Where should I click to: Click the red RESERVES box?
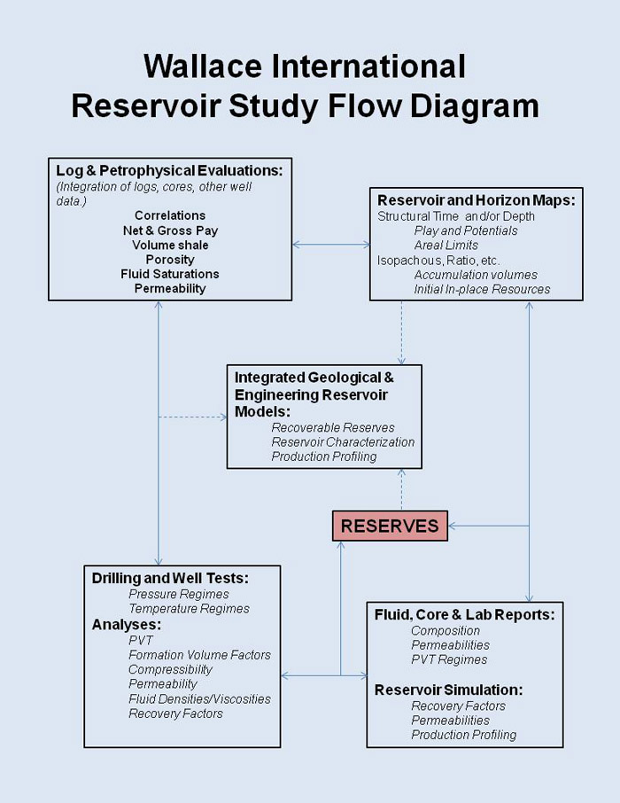390,526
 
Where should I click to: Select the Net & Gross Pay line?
170,230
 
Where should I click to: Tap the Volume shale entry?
170,245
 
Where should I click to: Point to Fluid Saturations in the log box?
170,274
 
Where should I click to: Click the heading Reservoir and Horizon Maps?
476,200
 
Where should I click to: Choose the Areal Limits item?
446,246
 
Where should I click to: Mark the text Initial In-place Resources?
482,289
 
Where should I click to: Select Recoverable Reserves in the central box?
333,427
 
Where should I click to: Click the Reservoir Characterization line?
343,442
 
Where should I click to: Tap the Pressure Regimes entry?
179,594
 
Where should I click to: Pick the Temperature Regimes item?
189,609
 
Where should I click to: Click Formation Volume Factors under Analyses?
199,655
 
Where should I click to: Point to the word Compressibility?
170,669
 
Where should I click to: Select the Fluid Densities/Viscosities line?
199,698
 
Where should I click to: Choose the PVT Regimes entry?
449,659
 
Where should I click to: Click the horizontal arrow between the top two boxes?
331,244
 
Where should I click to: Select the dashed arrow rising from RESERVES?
401,489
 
